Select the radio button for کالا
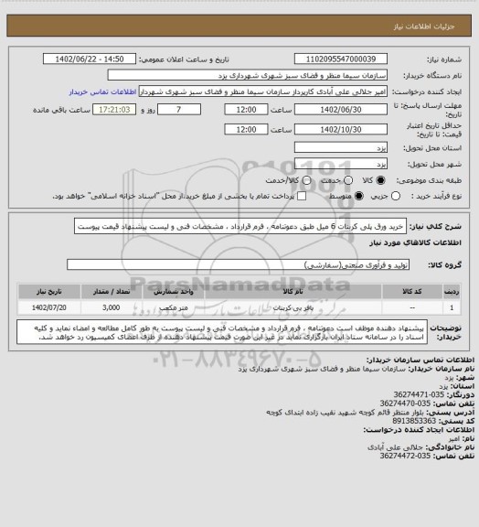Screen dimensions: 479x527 [367, 181]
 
